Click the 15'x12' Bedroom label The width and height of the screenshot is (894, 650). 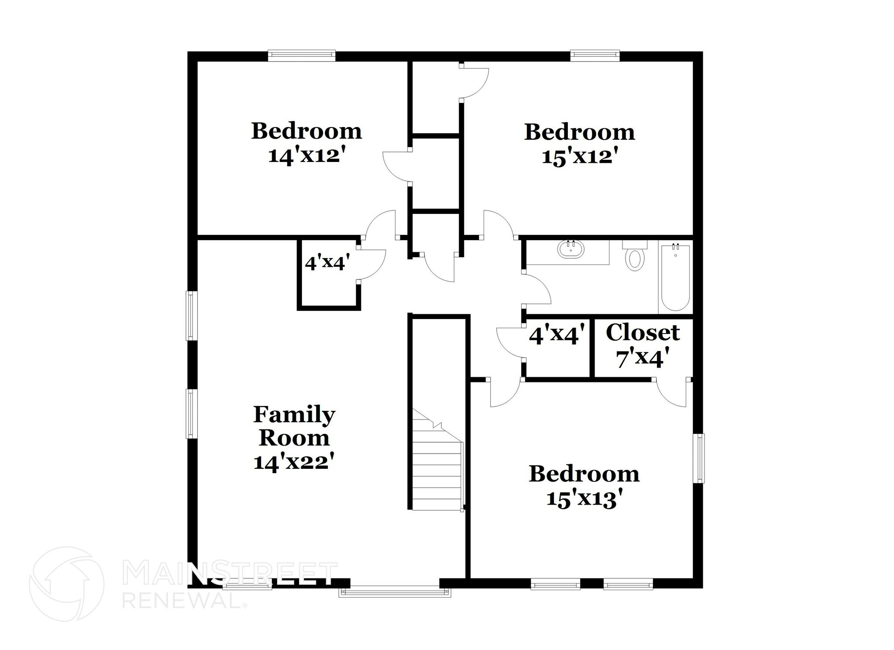pyautogui.click(x=579, y=144)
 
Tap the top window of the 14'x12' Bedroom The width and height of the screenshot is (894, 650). pyautogui.click(x=301, y=55)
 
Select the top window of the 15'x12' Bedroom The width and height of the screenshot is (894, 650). pyautogui.click(x=595, y=55)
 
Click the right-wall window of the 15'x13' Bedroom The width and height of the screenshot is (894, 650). pyautogui.click(x=699, y=458)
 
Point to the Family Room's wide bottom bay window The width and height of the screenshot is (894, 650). pyautogui.click(x=395, y=592)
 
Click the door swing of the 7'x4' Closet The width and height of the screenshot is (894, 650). pyautogui.click(x=672, y=394)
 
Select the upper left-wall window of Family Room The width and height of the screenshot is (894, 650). pyautogui.click(x=190, y=315)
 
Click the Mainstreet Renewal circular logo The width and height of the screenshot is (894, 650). pyautogui.click(x=67, y=584)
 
